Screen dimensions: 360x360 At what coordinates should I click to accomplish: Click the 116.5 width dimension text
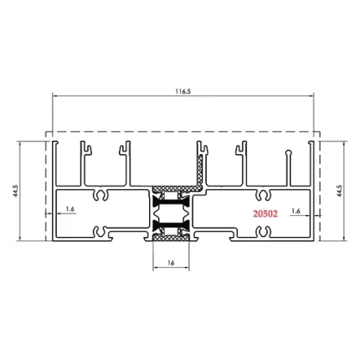coord(183,91)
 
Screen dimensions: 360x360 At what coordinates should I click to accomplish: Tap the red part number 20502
coord(265,213)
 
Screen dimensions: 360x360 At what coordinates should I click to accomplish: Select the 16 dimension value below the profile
coord(171,263)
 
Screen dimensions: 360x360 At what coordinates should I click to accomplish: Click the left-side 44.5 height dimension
coord(16,191)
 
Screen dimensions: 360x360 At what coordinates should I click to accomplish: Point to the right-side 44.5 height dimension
coord(339,191)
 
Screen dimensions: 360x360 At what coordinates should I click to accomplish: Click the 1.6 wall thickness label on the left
coord(70,208)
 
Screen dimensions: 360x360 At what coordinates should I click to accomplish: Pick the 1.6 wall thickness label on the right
coord(296,211)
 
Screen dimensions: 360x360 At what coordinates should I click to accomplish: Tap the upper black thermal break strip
coord(171,202)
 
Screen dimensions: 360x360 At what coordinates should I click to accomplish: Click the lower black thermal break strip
coord(171,224)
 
